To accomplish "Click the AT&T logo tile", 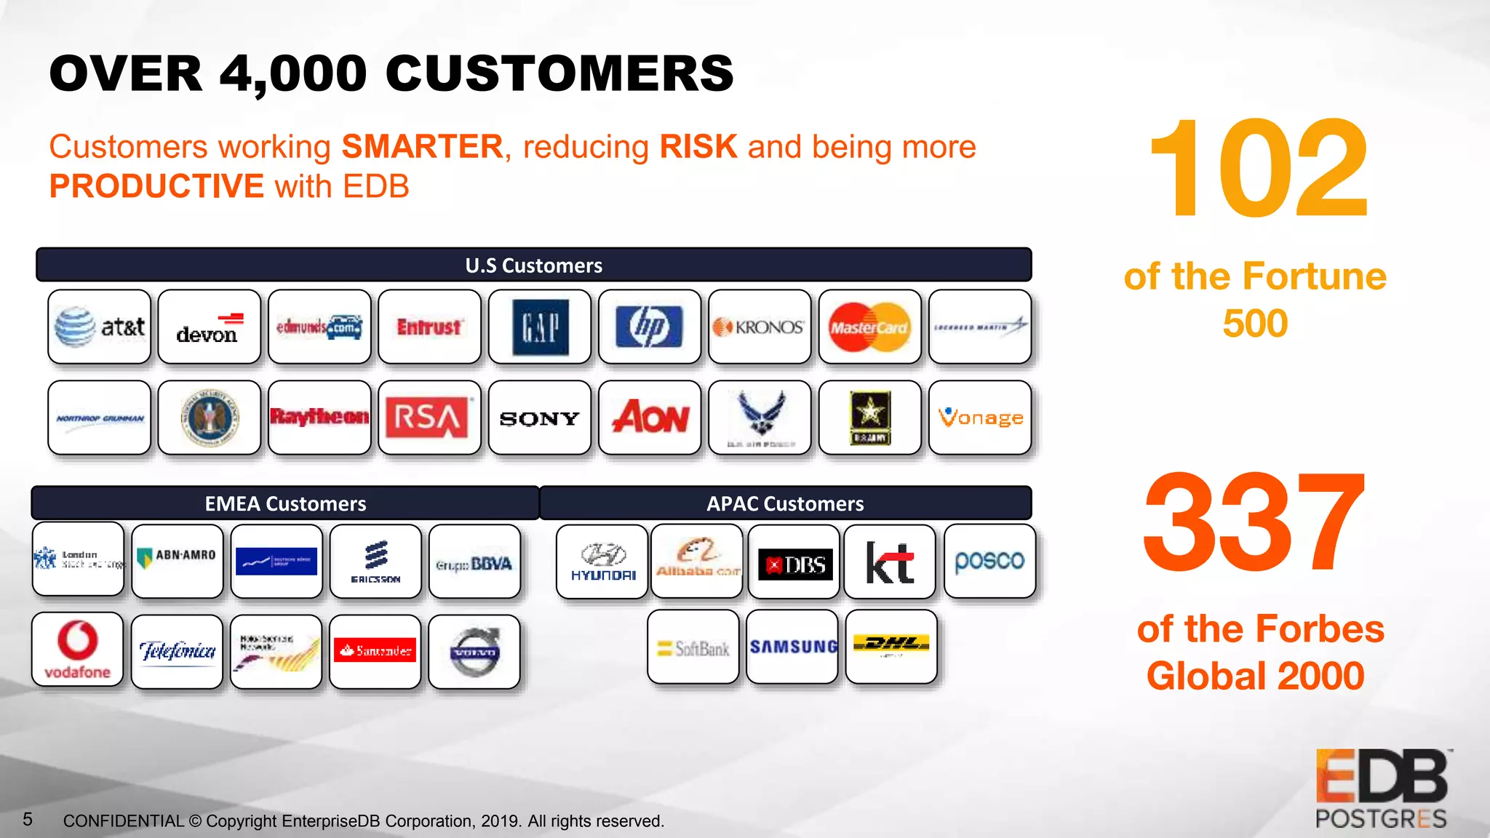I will pyautogui.click(x=100, y=327).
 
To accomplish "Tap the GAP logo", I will pyautogui.click(x=540, y=327).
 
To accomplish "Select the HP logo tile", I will pyautogui.click(x=650, y=327).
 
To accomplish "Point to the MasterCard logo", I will pyautogui.click(x=869, y=327).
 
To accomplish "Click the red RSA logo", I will pyautogui.click(x=429, y=418).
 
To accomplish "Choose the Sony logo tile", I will pyautogui.click(x=540, y=418).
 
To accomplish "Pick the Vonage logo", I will pyautogui.click(x=980, y=418).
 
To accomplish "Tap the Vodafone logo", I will pyautogui.click(x=78, y=650).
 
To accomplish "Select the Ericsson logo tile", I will pyautogui.click(x=375, y=562).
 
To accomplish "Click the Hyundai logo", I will pyautogui.click(x=602, y=562).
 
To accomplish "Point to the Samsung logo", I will pyautogui.click(x=793, y=647).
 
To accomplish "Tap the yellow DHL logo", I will pyautogui.click(x=891, y=646).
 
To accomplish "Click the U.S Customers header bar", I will pyautogui.click(x=534, y=265).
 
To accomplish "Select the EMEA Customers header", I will pyautogui.click(x=285, y=503).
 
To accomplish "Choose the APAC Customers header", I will pyautogui.click(x=785, y=503).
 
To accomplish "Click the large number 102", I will pyautogui.click(x=1258, y=169).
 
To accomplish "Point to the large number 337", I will pyautogui.click(x=1254, y=522).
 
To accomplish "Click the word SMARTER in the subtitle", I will pyautogui.click(x=422, y=147).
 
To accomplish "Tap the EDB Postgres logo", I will pyautogui.click(x=1382, y=789).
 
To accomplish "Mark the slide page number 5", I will pyautogui.click(x=28, y=820).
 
